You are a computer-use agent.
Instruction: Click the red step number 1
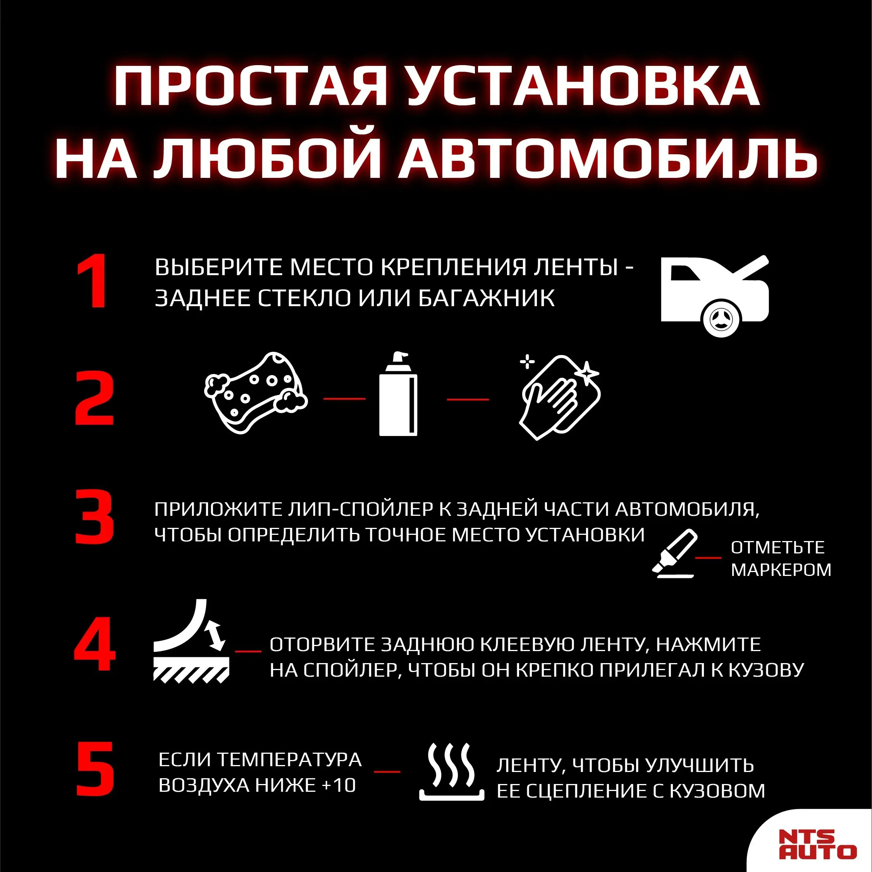93,281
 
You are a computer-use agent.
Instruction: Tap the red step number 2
95,398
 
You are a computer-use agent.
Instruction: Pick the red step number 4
95,643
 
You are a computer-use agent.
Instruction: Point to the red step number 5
95,769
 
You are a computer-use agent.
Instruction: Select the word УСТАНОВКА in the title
583,86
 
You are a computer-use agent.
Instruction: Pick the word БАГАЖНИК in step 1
487,298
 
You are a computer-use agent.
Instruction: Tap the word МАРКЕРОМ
781,570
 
